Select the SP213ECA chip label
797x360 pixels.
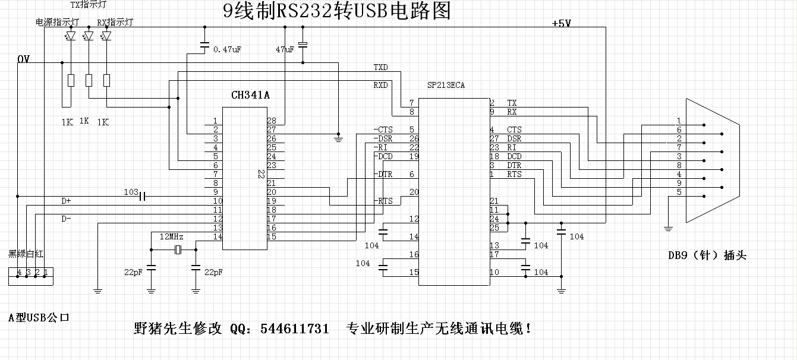[446, 86]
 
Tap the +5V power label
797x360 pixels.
[561, 24]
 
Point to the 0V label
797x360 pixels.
[24, 59]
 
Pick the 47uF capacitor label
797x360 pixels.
[285, 50]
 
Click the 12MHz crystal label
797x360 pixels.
[171, 236]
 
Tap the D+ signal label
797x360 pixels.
[66, 201]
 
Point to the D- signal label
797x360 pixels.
[66, 219]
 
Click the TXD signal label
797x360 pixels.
[380, 67]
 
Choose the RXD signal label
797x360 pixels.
[380, 85]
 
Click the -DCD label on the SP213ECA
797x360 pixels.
[383, 156]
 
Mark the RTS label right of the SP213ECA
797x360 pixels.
[514, 174]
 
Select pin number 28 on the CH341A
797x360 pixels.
[272, 121]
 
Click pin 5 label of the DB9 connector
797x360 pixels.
[678, 192]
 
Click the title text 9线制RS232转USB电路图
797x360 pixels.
[336, 11]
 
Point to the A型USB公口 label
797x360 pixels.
[39, 317]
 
